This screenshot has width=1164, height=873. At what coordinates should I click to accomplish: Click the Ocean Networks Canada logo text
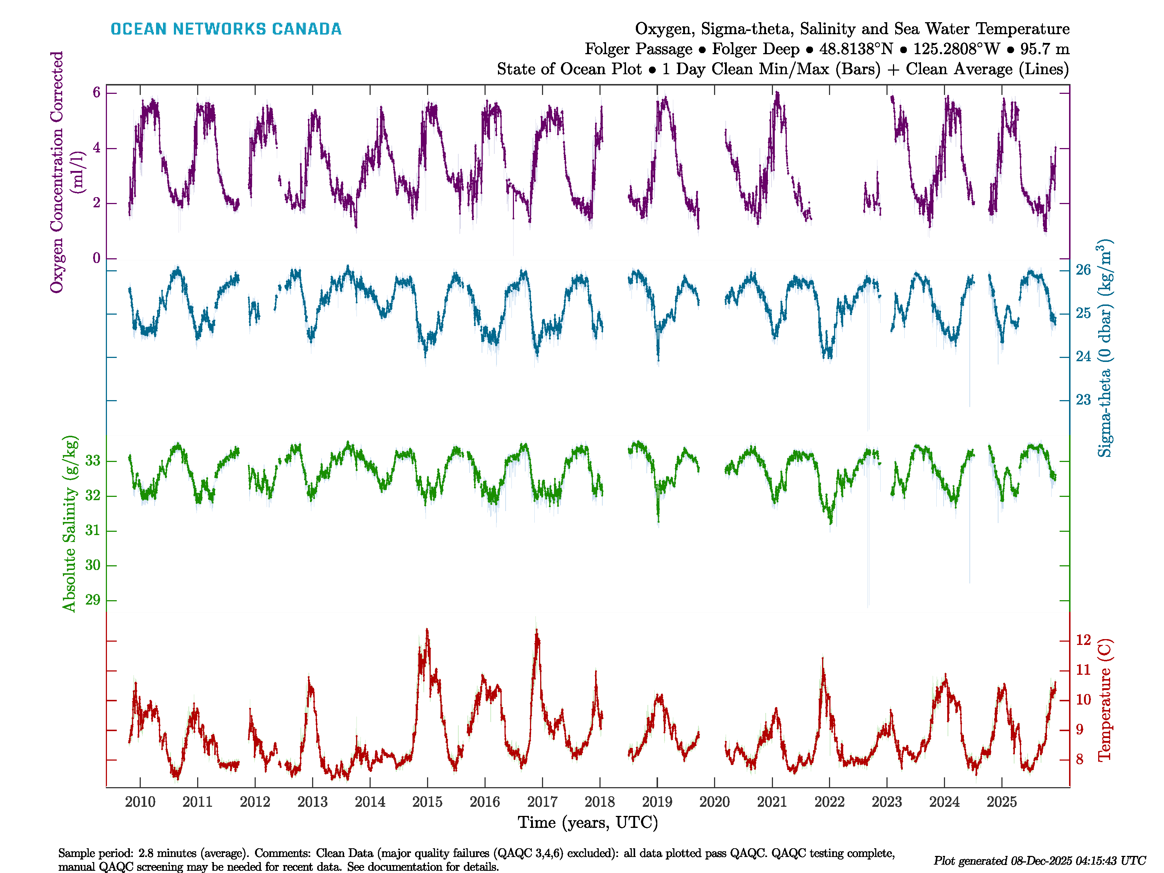click(226, 29)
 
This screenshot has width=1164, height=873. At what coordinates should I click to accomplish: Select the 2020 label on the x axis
click(714, 802)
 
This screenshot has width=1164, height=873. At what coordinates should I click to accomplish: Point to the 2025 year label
click(1001, 802)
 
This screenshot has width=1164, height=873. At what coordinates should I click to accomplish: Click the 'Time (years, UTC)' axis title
click(588, 822)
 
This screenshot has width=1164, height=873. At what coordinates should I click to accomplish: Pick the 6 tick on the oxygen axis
click(96, 93)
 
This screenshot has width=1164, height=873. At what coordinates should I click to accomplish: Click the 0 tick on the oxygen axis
click(96, 258)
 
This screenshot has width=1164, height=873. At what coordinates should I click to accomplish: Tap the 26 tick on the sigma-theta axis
click(1083, 270)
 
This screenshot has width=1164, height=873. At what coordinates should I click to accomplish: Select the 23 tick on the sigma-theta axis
click(1083, 400)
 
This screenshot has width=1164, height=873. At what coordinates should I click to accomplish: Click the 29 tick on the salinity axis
click(93, 600)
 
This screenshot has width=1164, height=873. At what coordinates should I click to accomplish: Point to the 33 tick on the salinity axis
click(93, 461)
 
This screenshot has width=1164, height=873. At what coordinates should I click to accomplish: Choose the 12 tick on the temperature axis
click(1083, 640)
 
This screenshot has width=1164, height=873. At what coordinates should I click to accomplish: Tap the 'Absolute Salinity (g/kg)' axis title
click(69, 523)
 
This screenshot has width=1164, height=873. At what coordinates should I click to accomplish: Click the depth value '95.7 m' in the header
click(1045, 49)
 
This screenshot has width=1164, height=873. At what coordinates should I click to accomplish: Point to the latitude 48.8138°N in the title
click(856, 49)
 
